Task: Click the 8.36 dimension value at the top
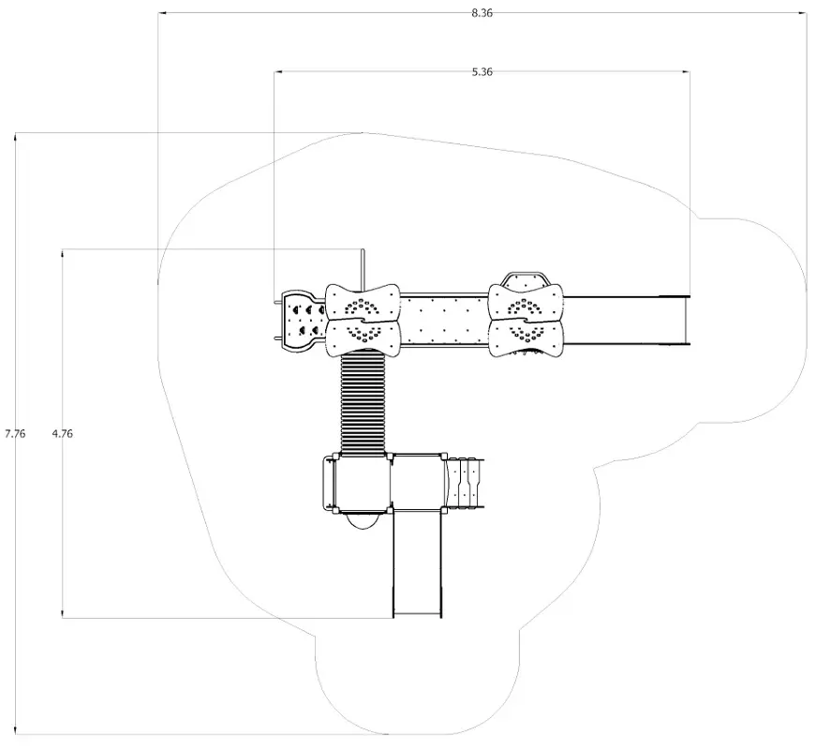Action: [x=482, y=12]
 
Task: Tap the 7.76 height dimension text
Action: [x=15, y=433]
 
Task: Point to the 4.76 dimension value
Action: [x=63, y=433]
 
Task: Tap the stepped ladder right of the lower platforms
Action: [x=466, y=482]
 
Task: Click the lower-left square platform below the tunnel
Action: [x=363, y=482]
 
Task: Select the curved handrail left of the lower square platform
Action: [x=327, y=483]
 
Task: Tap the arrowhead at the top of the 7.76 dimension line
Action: [x=15, y=138]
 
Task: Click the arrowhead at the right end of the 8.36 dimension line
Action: [x=803, y=13]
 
